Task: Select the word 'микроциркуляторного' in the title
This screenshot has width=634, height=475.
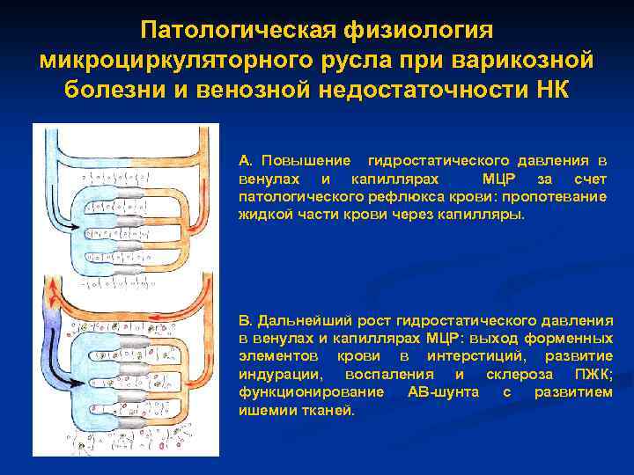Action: pos(145,61)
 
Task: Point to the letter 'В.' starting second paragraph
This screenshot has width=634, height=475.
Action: pos(246,320)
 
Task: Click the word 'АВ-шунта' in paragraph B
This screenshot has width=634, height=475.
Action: pos(443,391)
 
